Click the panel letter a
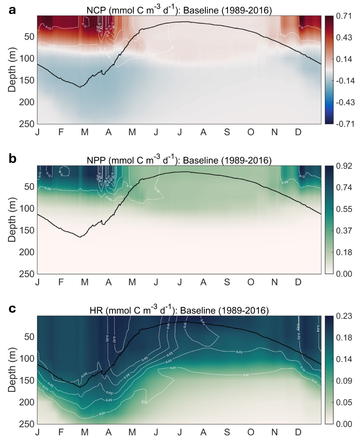[12, 10]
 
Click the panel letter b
[13, 159]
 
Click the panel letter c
[12, 309]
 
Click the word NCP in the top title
[96, 11]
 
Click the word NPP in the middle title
[96, 161]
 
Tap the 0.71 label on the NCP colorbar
[344, 16]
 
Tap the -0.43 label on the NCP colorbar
[345, 102]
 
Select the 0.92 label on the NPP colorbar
[344, 166]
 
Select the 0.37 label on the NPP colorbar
[344, 231]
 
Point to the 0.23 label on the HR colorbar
[344, 316]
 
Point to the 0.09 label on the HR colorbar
[344, 381]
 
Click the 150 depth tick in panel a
[27, 80]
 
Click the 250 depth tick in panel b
[27, 274]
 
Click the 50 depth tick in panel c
[29, 337]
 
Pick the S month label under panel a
[227, 132]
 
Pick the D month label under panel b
[298, 282]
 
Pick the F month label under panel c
[61, 432]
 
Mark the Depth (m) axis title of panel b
[12, 219]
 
